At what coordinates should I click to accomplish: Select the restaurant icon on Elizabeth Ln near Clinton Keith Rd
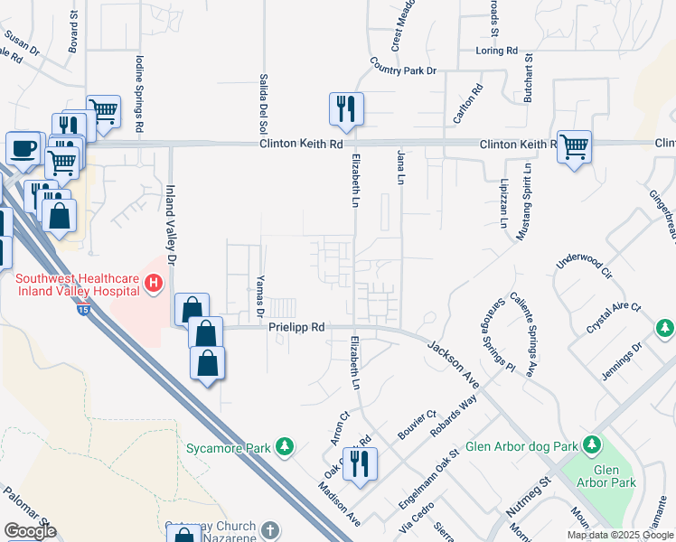[346, 108]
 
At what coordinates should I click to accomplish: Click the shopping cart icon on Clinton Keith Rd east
[574, 147]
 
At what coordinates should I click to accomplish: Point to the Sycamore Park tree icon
[286, 446]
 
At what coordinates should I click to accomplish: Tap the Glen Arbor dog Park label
[522, 446]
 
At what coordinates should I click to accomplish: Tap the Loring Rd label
[497, 51]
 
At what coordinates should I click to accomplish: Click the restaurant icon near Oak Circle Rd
[360, 463]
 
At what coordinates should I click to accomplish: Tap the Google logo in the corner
[30, 531]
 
